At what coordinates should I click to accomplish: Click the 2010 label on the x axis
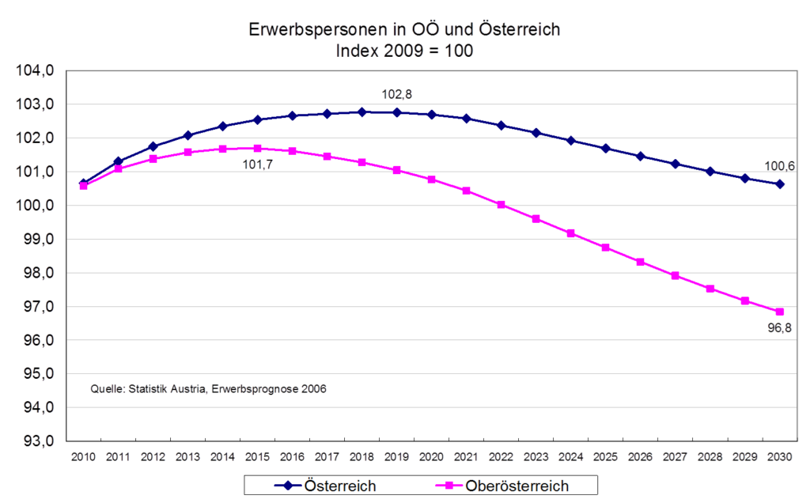pyautogui.click(x=83, y=457)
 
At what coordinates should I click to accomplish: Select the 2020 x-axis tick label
pyautogui.click(x=431, y=457)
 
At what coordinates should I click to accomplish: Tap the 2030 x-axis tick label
pyautogui.click(x=780, y=457)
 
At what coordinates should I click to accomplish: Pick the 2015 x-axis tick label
pyautogui.click(x=257, y=457)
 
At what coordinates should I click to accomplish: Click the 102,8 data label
pyautogui.click(x=397, y=95)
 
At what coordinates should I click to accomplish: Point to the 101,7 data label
pyautogui.click(x=257, y=165)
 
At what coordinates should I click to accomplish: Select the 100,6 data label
pyautogui.click(x=780, y=166)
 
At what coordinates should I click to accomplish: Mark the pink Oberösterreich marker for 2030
pyautogui.click(x=780, y=312)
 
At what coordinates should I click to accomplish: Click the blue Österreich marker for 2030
pyautogui.click(x=780, y=184)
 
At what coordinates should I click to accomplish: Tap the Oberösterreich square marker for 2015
pyautogui.click(x=257, y=149)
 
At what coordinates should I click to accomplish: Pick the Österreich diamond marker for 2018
pyautogui.click(x=361, y=112)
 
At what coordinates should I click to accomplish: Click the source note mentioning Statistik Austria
pyautogui.click(x=209, y=389)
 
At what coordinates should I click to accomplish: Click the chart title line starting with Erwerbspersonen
pyautogui.click(x=404, y=30)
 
